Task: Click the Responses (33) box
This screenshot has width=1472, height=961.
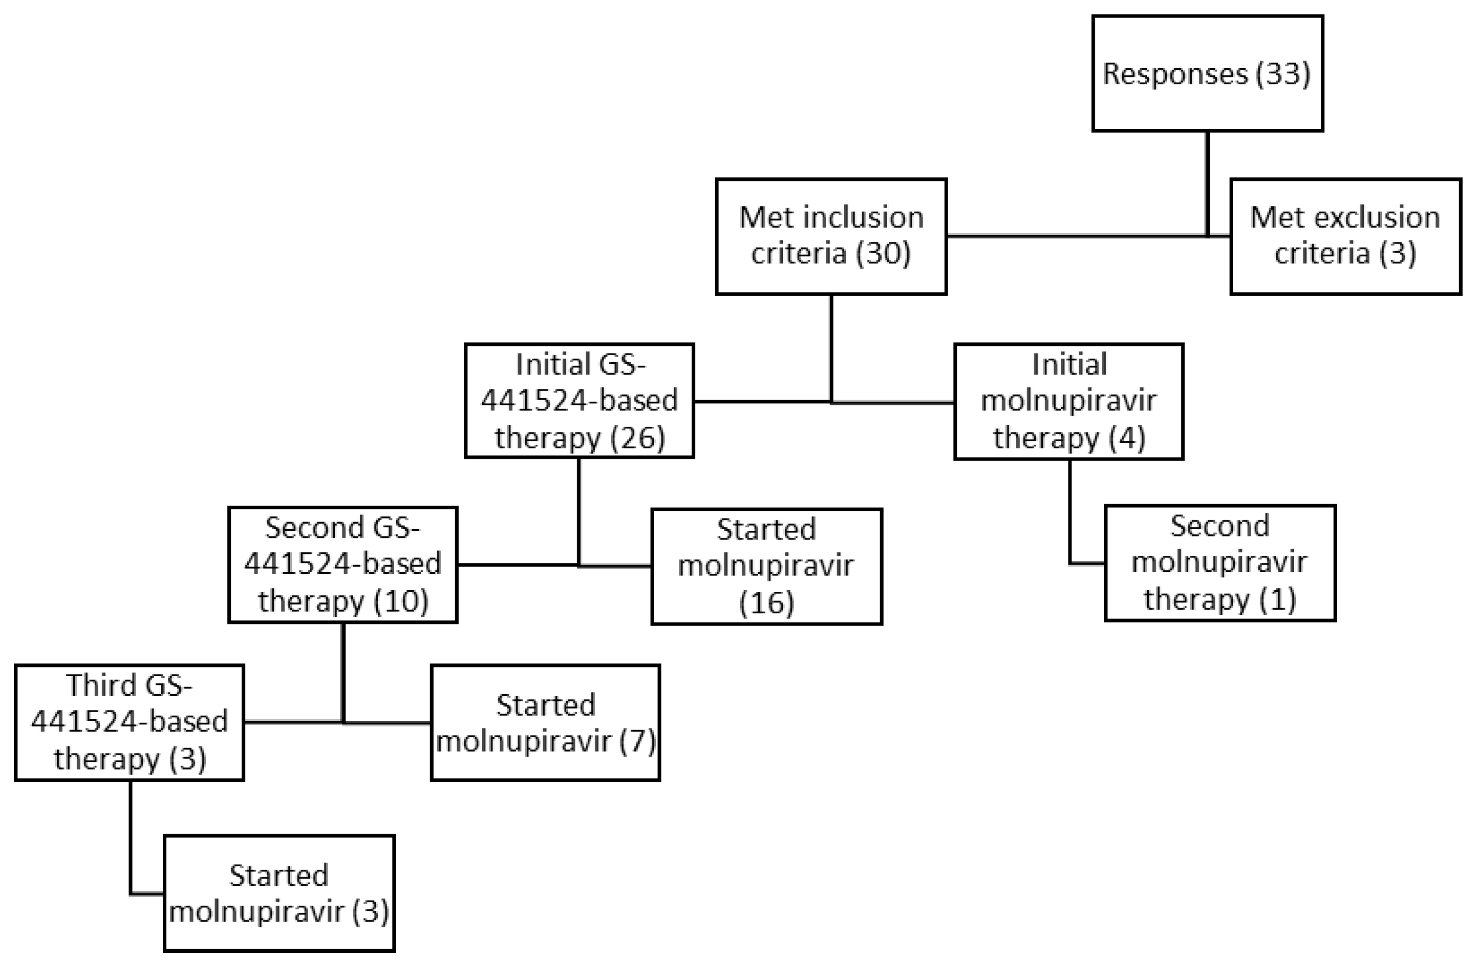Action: pos(1207,73)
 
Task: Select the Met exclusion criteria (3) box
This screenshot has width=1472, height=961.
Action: pos(1345,236)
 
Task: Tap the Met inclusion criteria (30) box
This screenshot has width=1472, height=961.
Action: pos(831,236)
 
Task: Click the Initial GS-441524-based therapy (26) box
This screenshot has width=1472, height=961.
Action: pos(579,401)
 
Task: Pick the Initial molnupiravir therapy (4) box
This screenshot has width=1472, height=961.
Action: pos(1068,401)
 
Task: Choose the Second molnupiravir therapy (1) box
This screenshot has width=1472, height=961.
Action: pos(1220,563)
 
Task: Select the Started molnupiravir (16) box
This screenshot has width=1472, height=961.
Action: pos(766,566)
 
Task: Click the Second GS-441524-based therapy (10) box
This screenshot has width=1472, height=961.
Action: pos(342,565)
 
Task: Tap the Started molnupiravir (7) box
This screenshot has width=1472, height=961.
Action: pos(545,722)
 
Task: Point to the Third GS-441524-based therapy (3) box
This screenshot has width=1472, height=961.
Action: pos(129,722)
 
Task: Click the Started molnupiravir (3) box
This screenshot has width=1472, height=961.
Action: pos(279,893)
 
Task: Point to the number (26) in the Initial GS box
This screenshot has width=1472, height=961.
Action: pos(638,438)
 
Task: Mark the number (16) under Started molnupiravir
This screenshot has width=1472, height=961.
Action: pos(766,603)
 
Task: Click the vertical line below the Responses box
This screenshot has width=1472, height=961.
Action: pos(1207,183)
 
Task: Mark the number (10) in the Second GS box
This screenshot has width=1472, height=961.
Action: pos(401,601)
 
